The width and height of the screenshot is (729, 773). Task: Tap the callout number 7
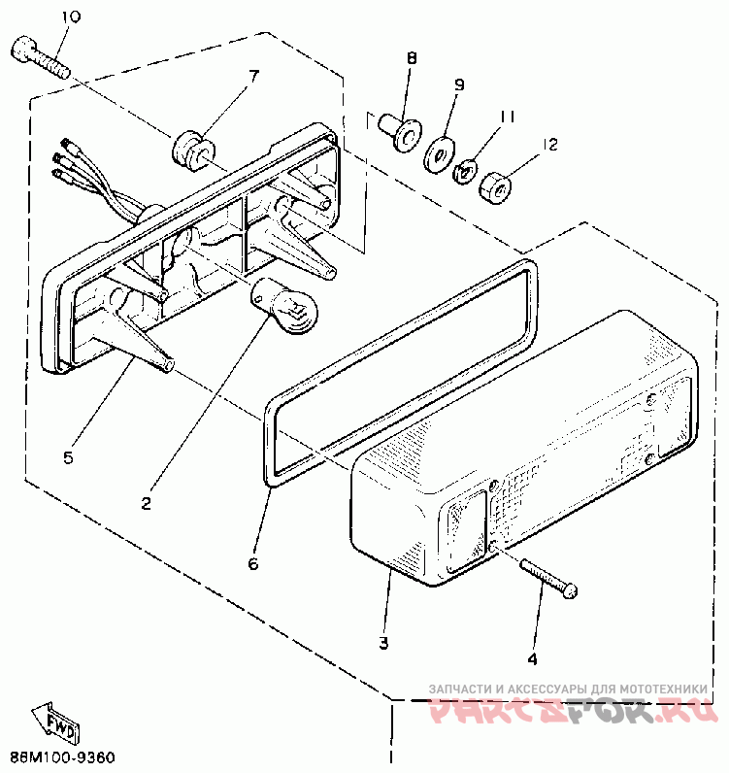click(x=253, y=75)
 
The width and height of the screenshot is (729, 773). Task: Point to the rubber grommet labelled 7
click(x=190, y=151)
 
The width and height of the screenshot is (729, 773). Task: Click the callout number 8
click(x=411, y=59)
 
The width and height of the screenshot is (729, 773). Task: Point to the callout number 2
click(x=145, y=503)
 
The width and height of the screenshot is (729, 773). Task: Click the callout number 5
click(x=67, y=456)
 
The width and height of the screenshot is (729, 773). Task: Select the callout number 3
click(x=383, y=643)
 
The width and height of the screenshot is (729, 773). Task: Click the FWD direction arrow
click(x=52, y=720)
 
